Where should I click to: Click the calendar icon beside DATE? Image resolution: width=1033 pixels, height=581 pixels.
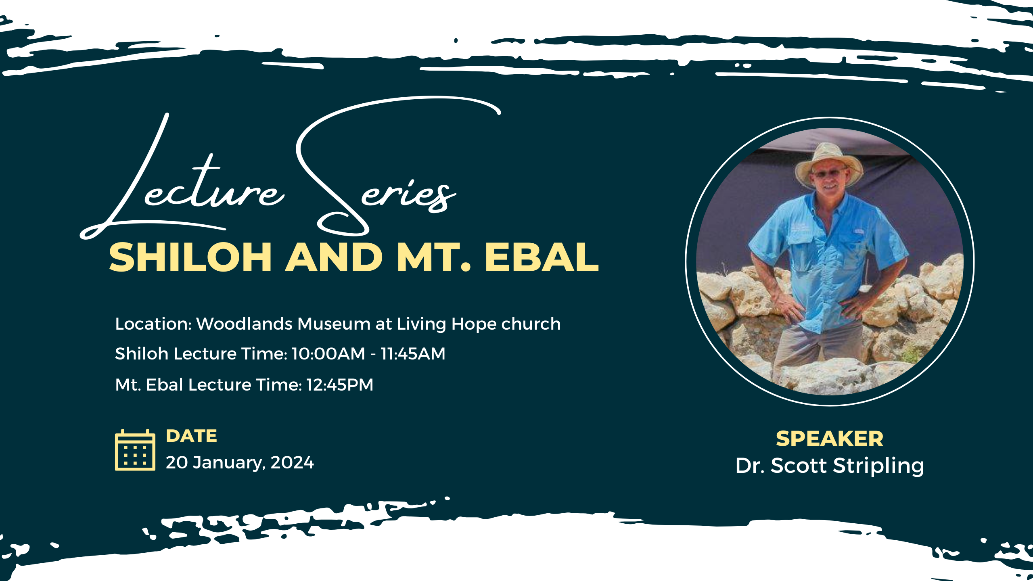(x=135, y=450)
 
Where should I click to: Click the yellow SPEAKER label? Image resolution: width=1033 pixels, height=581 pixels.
(x=830, y=439)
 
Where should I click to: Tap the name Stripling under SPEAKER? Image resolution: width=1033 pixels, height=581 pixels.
(x=878, y=466)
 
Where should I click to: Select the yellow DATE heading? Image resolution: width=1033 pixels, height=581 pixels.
(x=192, y=436)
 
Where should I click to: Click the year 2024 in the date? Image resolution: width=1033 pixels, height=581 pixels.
(x=292, y=463)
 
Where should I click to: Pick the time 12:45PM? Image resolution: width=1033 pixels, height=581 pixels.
(x=340, y=385)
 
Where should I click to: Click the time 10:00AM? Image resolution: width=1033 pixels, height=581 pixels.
(x=328, y=354)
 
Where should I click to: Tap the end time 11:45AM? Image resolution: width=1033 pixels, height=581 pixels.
(x=413, y=354)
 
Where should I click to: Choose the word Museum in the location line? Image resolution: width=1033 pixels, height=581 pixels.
(x=334, y=324)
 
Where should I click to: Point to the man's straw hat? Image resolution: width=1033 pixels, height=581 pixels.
(x=829, y=163)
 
